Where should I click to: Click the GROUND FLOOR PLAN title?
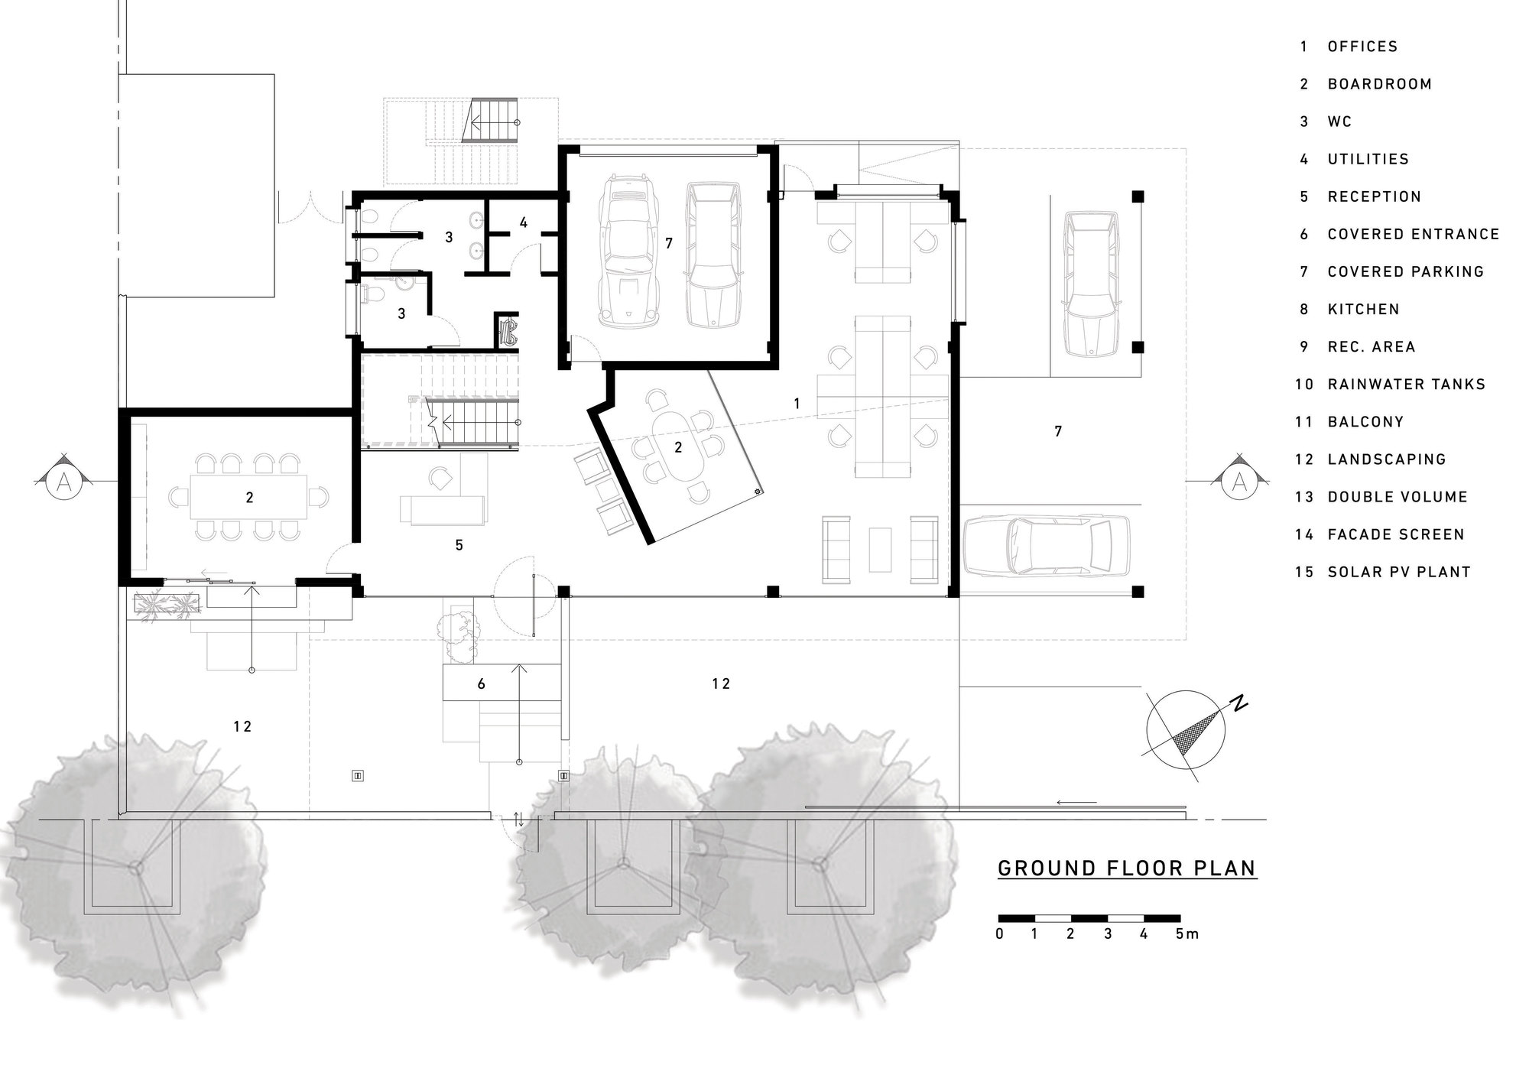(1128, 868)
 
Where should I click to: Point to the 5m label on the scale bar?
(1187, 933)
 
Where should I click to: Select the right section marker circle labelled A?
(1239, 482)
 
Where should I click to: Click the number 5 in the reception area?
(459, 545)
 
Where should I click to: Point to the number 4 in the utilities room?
(523, 222)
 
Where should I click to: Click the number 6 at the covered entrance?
(481, 684)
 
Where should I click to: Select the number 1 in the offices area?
(797, 403)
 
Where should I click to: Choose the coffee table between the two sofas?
(881, 549)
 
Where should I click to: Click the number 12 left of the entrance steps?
(242, 727)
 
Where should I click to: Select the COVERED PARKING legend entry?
(1405, 271)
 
